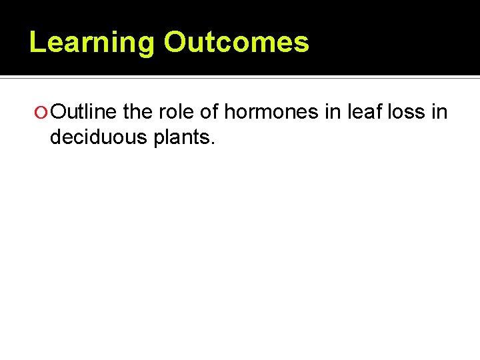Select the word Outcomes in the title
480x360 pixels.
point(237,42)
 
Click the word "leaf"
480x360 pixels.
point(361,112)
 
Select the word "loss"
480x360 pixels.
point(405,112)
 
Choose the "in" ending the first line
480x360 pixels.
point(440,112)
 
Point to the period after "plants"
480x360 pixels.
point(213,143)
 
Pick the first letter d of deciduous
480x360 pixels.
point(56,137)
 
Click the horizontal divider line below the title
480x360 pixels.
point(240,78)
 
